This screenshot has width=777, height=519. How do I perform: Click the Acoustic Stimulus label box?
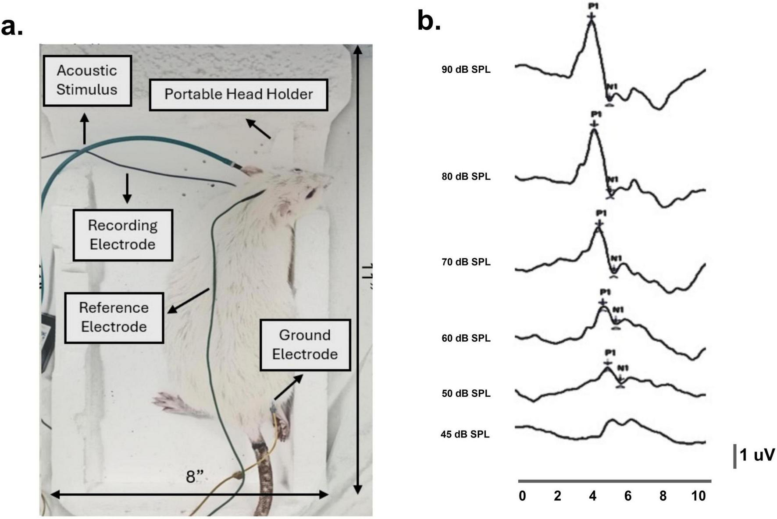coord(87,81)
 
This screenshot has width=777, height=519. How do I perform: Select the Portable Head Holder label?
coord(239,94)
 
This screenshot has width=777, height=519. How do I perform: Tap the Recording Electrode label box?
coord(123,235)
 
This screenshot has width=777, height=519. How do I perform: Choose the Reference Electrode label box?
coord(114,317)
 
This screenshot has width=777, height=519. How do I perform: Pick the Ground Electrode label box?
coord(305,345)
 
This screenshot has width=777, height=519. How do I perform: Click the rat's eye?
coord(311,193)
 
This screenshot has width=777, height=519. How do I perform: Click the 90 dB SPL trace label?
coord(466,69)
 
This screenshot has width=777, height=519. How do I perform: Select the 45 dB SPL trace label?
coord(465,434)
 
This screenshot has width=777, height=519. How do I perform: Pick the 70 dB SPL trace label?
coord(466,262)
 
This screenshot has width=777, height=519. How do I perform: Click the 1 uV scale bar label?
coord(757,455)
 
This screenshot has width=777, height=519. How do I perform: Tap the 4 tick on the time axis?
coord(593,496)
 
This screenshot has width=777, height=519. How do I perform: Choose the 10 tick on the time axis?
coord(698,496)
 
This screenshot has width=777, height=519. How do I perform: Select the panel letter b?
coord(429,21)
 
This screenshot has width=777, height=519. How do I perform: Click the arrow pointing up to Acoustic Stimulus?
coord(85,128)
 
